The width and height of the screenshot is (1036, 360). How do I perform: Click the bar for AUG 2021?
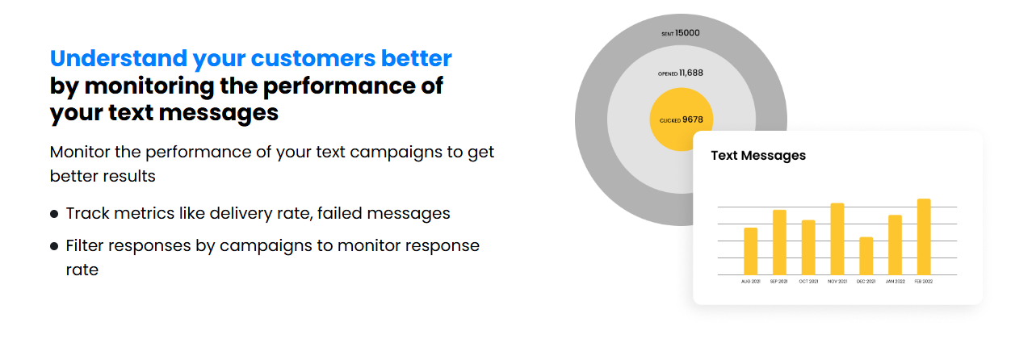pos(750,251)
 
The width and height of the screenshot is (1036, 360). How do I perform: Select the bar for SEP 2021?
pos(779,242)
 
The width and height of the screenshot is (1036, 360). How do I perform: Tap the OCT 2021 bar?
pos(808,247)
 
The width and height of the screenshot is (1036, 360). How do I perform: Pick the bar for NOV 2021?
pos(837,239)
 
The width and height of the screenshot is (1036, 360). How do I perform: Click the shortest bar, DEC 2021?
pos(866,256)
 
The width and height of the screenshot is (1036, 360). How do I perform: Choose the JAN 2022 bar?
pos(895,245)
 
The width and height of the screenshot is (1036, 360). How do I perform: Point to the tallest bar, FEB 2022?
pos(924,237)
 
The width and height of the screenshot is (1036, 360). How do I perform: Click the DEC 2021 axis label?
pos(866,282)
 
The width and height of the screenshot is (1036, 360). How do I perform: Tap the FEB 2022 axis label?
pos(924,282)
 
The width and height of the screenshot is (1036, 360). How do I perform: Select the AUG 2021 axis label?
pos(750,282)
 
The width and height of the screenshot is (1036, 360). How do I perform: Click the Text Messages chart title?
pos(758,155)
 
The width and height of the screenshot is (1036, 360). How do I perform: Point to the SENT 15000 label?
pos(681,33)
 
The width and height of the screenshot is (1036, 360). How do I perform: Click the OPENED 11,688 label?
pos(680,73)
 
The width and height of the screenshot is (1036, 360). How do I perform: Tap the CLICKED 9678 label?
pos(681,119)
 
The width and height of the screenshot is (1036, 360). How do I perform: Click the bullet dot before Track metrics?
pos(54,214)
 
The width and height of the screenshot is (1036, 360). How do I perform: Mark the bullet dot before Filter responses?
pos(54,245)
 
